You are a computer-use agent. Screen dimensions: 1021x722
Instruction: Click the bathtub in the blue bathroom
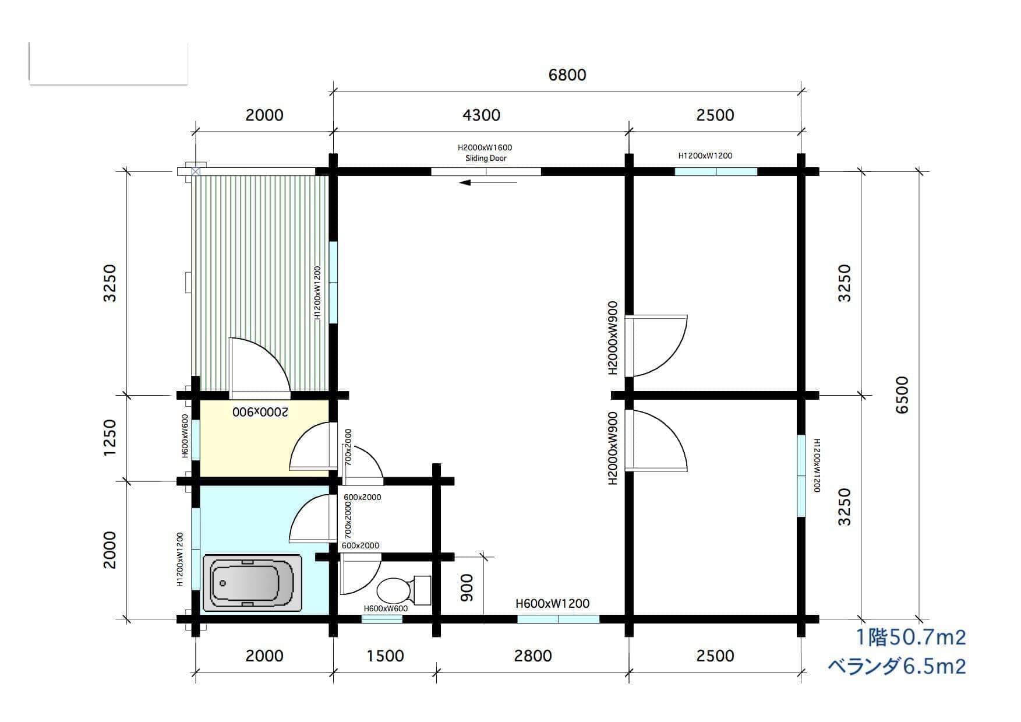pyautogui.click(x=252, y=583)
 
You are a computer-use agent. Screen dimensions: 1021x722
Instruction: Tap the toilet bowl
pyautogui.click(x=394, y=591)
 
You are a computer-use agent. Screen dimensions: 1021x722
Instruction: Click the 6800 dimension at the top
pyautogui.click(x=567, y=75)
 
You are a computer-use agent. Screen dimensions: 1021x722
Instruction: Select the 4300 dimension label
pyautogui.click(x=481, y=115)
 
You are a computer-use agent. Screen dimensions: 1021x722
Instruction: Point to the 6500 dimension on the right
pyautogui.click(x=901, y=395)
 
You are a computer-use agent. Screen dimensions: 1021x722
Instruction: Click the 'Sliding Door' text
pyautogui.click(x=486, y=158)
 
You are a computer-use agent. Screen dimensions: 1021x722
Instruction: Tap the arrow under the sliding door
pyautogui.click(x=488, y=182)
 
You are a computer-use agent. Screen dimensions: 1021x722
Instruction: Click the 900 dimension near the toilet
pyautogui.click(x=467, y=587)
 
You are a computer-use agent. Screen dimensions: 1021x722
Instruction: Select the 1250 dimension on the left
pyautogui.click(x=109, y=438)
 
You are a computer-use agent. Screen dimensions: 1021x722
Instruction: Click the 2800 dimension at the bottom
pyautogui.click(x=533, y=656)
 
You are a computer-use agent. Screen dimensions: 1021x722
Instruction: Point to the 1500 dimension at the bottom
pyautogui.click(x=385, y=656)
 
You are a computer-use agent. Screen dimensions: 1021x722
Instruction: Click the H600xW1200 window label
pyautogui.click(x=552, y=604)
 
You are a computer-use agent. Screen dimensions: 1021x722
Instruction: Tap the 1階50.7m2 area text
pyautogui.click(x=910, y=637)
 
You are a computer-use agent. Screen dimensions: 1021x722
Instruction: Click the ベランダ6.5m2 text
pyautogui.click(x=898, y=665)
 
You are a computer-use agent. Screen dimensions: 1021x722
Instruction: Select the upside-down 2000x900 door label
pyautogui.click(x=260, y=411)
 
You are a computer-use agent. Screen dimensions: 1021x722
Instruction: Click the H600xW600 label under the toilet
pyautogui.click(x=386, y=608)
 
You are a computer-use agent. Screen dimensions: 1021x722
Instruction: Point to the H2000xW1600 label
pyautogui.click(x=485, y=148)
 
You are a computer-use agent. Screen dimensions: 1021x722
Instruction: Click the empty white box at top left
pyautogui.click(x=108, y=63)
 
